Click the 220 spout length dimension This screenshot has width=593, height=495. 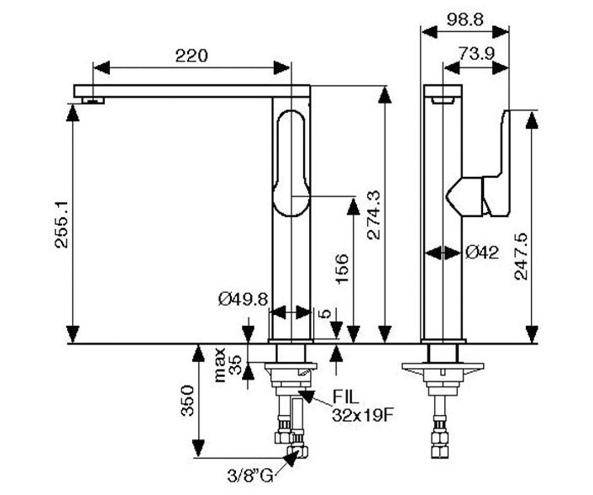click(x=191, y=56)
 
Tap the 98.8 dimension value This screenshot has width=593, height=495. click(x=465, y=20)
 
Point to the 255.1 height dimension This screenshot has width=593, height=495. click(x=62, y=225)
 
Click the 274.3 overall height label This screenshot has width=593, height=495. click(x=373, y=215)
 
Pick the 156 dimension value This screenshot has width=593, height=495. click(x=341, y=268)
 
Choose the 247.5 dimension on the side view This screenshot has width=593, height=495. click(x=521, y=256)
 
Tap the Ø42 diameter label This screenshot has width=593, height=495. click(x=482, y=252)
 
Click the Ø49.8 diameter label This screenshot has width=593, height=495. click(x=243, y=299)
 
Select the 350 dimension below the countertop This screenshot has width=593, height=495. click(x=188, y=400)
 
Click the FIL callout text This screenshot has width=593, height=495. click(x=345, y=397)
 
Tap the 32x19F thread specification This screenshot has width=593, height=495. click(x=363, y=416)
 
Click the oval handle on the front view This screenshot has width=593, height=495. click(x=292, y=163)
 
